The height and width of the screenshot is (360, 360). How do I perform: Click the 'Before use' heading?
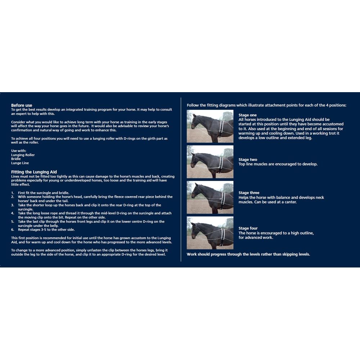21,105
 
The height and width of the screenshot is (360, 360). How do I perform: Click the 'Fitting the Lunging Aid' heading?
34,172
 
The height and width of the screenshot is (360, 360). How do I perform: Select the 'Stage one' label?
247,115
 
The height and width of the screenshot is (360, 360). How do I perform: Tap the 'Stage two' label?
248,159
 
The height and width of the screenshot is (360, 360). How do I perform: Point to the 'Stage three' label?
249,193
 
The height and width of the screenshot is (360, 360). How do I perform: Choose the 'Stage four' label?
248,228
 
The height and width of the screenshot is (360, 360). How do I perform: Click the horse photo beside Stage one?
210,126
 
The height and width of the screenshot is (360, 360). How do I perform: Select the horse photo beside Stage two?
210,162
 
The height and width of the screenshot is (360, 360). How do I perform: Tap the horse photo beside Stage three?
210,197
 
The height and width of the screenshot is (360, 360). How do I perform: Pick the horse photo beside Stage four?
210,233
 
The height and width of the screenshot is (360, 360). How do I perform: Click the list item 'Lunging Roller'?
23,155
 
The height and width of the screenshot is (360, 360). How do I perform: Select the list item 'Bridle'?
16,159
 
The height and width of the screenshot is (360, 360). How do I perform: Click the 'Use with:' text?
19,150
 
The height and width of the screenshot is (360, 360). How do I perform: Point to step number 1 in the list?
12,193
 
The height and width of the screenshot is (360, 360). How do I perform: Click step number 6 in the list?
12,229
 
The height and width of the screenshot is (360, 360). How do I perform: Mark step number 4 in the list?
12,213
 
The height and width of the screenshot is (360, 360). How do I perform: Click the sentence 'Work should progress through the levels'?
248,254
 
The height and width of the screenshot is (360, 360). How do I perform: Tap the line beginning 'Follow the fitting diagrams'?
266,105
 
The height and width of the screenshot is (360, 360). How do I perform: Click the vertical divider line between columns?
180,180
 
